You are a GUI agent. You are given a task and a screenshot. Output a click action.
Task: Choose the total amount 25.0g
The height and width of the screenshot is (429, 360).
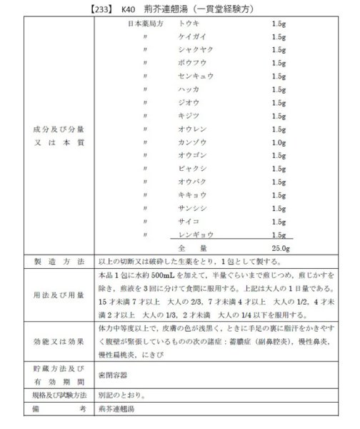click(x=280, y=247)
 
